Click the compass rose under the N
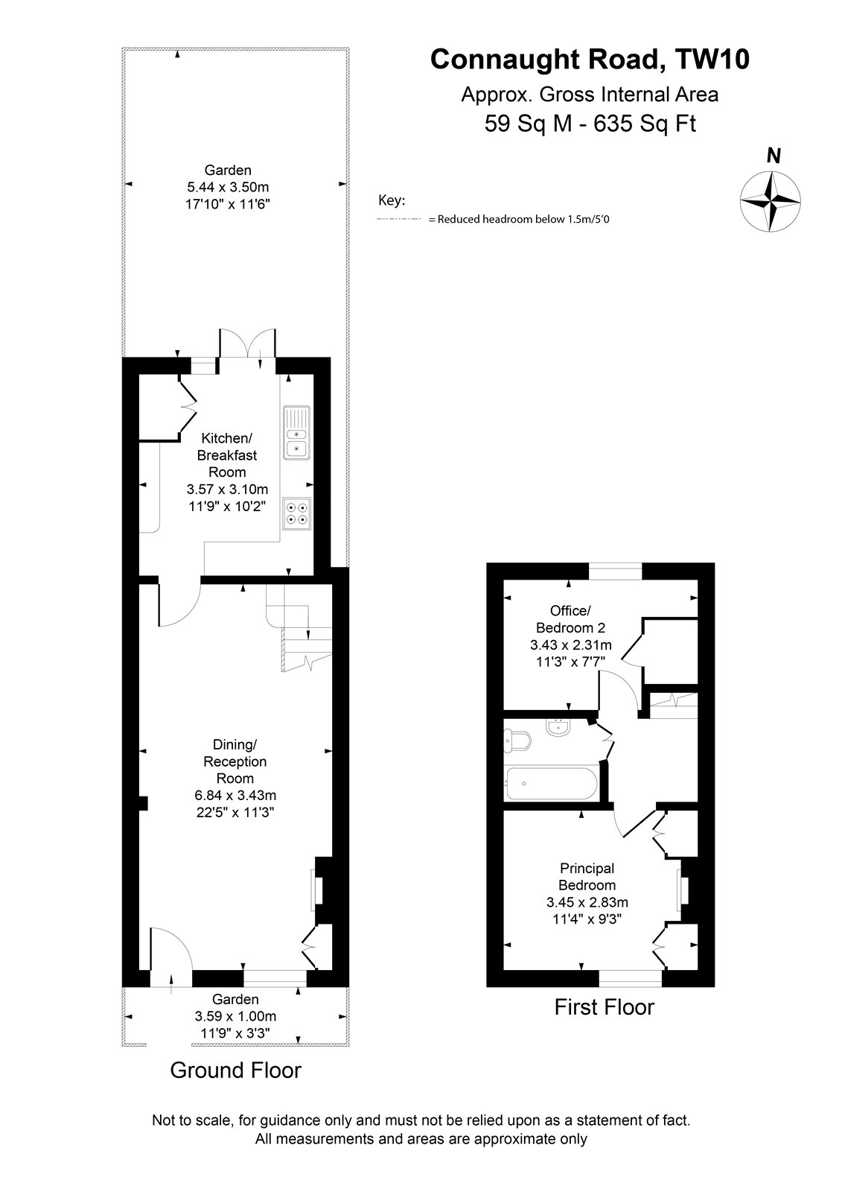pyautogui.click(x=770, y=201)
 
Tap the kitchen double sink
pyautogui.click(x=296, y=433)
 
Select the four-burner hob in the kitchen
pyautogui.click(x=296, y=513)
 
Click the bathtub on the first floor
pyautogui.click(x=552, y=783)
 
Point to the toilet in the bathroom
pyautogui.click(x=517, y=740)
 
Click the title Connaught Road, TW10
pyautogui.click(x=590, y=59)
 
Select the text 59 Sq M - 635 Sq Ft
pyautogui.click(x=590, y=124)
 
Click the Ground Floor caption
pyautogui.click(x=236, y=1070)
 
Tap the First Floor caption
pyautogui.click(x=605, y=1006)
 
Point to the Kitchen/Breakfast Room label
pyautogui.click(x=227, y=455)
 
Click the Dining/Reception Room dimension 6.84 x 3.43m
pyautogui.click(x=236, y=796)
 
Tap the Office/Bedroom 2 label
pyautogui.click(x=570, y=619)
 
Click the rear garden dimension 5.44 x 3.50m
pyautogui.click(x=229, y=187)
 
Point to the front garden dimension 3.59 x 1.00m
pyautogui.click(x=236, y=1016)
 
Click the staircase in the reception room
pyautogui.click(x=299, y=628)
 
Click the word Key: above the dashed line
pyautogui.click(x=392, y=200)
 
